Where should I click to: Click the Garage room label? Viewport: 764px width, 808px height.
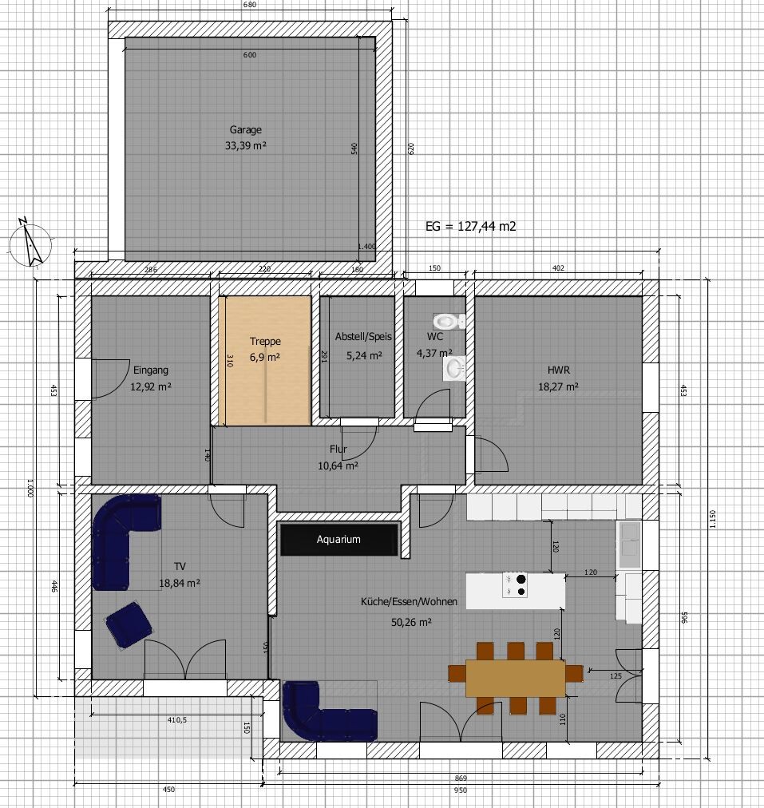click(246, 130)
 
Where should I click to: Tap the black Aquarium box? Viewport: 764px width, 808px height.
click(339, 540)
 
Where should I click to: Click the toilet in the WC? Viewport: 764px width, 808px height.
click(449, 322)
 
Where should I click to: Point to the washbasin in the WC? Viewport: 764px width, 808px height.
click(454, 368)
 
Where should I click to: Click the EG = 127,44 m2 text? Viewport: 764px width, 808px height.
click(470, 226)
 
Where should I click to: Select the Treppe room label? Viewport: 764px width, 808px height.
click(265, 341)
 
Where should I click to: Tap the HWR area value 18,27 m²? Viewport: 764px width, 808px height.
click(559, 386)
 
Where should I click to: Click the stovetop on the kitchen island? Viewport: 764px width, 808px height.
click(515, 585)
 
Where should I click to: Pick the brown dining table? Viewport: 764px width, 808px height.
click(515, 678)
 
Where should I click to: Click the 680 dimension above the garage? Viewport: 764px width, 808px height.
click(249, 5)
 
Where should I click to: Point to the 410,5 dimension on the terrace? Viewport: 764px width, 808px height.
click(177, 720)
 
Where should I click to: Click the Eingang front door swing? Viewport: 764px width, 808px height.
click(110, 378)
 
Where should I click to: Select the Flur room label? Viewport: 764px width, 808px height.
click(338, 450)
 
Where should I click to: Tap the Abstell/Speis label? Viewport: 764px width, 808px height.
click(364, 337)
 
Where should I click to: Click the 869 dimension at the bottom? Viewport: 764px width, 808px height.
click(461, 778)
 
